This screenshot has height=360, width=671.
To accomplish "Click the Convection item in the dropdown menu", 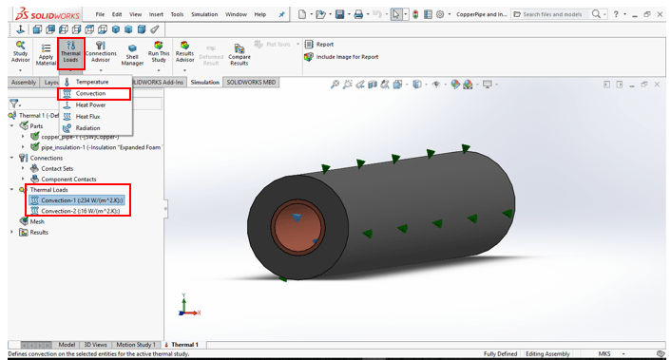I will point(90,93).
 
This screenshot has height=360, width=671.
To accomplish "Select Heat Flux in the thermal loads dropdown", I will point(87,116).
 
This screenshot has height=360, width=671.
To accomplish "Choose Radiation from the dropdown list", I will point(87,127).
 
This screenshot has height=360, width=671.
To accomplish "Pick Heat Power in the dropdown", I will point(89,104).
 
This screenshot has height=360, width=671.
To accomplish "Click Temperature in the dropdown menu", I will point(91,82).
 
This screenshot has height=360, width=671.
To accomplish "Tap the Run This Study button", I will point(159,55).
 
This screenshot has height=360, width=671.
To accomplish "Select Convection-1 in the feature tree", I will point(82,200).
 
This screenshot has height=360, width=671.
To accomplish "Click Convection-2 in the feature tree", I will point(81,211).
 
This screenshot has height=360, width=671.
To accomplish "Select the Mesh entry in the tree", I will point(36,221).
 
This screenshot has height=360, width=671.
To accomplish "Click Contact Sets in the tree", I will point(56,168).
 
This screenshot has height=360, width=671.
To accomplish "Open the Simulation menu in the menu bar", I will point(203,14).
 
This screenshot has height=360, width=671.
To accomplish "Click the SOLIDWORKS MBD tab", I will point(251,83).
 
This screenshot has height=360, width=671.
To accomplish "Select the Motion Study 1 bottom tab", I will point(140,344).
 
